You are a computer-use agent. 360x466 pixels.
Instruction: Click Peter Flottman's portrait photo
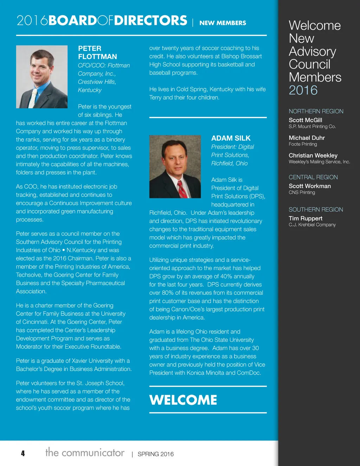(42, 77)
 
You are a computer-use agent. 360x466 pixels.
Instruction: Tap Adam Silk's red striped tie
(182, 189)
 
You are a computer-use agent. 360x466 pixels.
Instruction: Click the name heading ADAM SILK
(231, 138)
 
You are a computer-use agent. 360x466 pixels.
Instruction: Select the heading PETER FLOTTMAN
(97, 52)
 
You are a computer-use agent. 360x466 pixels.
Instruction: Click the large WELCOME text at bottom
(183, 400)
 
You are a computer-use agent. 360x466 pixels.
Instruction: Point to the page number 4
(23, 453)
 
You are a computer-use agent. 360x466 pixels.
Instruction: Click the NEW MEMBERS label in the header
(223, 23)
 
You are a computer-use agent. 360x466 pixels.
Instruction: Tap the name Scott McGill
(305, 120)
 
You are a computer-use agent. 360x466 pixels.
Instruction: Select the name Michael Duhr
(307, 138)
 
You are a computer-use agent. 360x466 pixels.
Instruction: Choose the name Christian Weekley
(313, 155)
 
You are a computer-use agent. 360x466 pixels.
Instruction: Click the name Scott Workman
(310, 186)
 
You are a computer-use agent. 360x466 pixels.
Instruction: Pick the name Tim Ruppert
(306, 218)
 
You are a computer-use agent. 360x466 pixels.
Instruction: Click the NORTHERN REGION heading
(316, 111)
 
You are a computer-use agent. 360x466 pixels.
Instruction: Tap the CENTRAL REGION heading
(313, 177)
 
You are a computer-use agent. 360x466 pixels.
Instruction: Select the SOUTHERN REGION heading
(316, 209)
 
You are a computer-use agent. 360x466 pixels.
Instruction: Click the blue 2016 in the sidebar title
(303, 90)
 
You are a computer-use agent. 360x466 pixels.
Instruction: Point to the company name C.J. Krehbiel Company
(312, 225)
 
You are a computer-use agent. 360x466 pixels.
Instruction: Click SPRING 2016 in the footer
(155, 454)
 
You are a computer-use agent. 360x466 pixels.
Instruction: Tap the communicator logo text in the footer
(85, 452)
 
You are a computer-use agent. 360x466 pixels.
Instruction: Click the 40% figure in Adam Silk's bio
(226, 276)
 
